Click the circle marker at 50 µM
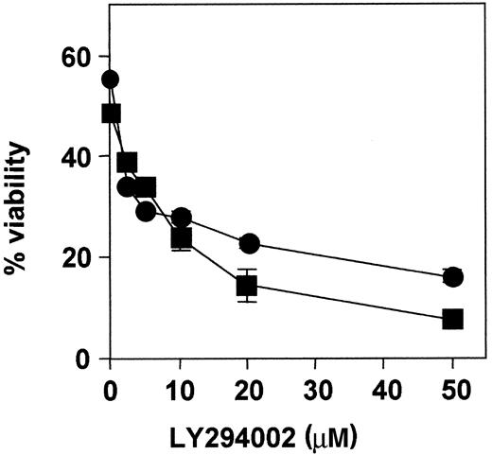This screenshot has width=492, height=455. (x=453, y=277)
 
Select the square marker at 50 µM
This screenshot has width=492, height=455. (x=453, y=319)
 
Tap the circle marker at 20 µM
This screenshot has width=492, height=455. (x=250, y=243)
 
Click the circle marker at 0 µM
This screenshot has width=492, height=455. (x=111, y=79)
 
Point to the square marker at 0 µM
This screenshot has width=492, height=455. (x=112, y=114)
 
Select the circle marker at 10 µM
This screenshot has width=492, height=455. (x=182, y=219)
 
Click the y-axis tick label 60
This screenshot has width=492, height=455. (x=77, y=56)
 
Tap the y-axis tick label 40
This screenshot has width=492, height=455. (x=77, y=157)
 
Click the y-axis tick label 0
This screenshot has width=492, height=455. (x=84, y=359)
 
